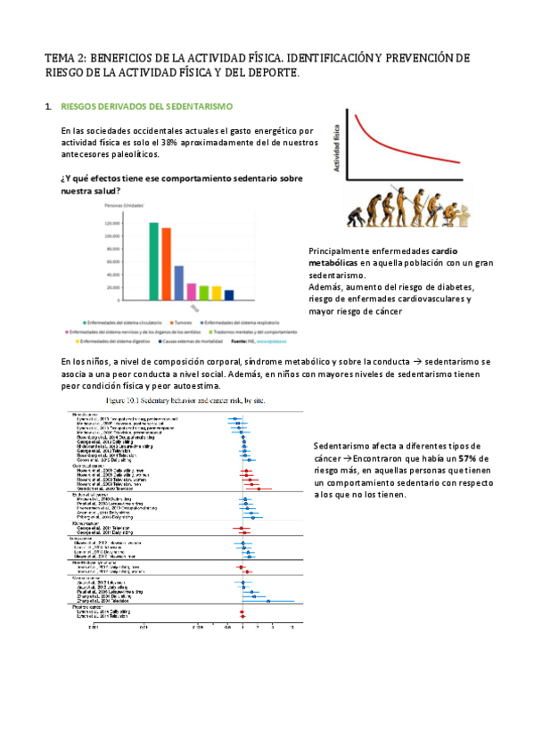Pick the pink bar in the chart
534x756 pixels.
tap(191, 292)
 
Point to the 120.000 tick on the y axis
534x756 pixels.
tap(112, 224)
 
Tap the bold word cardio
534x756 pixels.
tap(459, 251)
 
